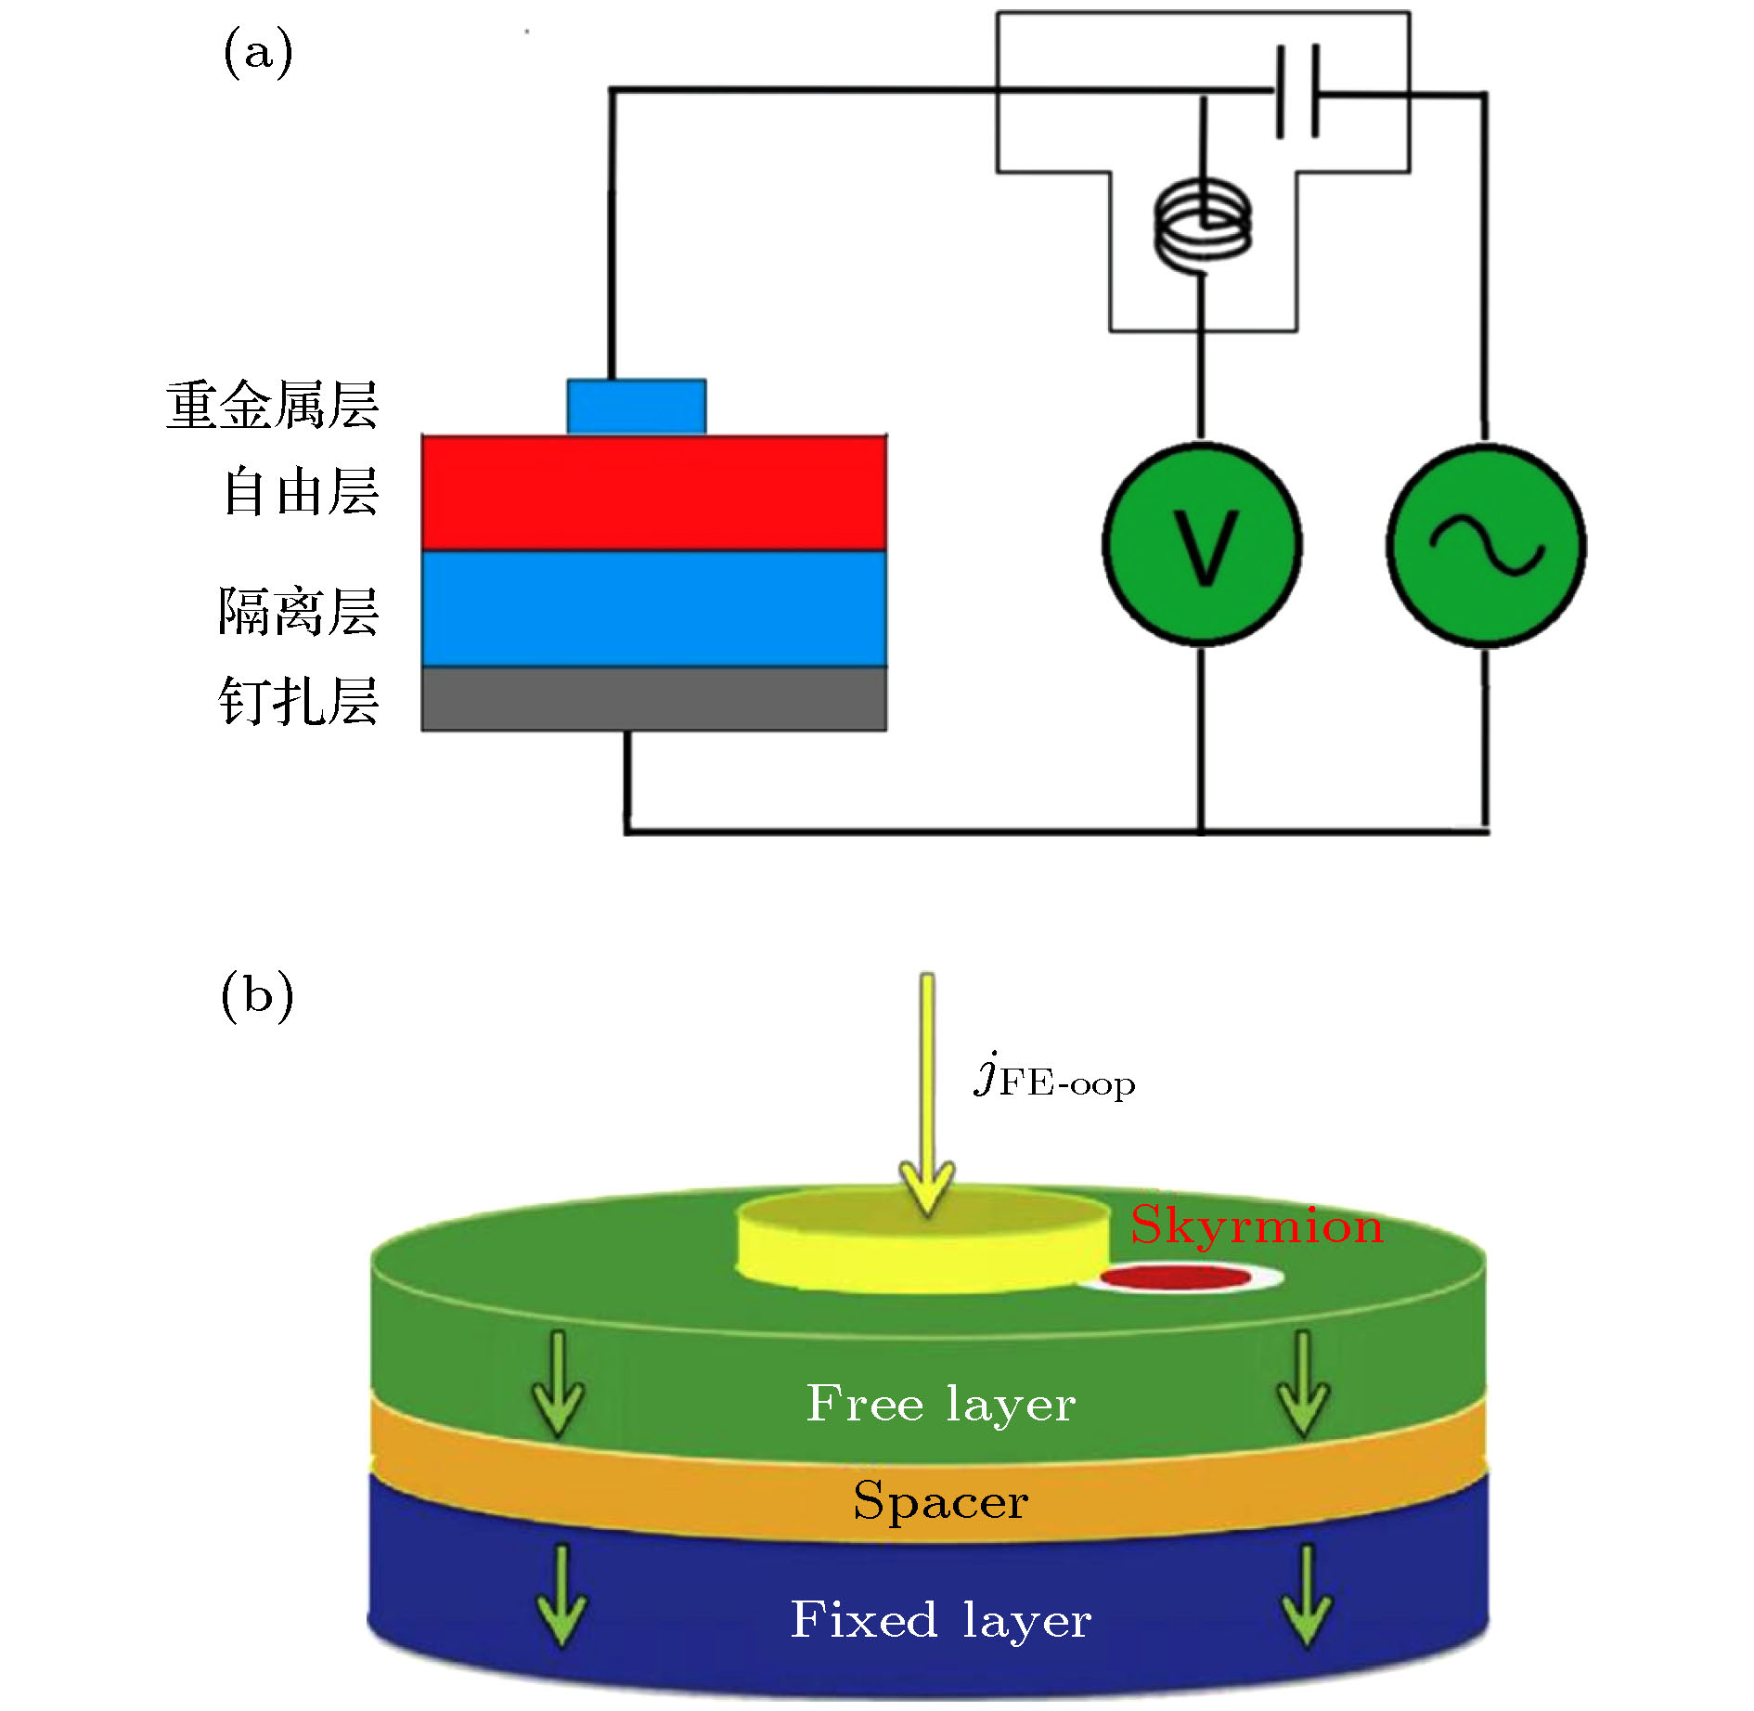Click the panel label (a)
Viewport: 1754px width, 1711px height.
(258, 53)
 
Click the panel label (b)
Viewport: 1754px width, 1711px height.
(257, 997)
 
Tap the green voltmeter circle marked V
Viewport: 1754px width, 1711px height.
(1203, 545)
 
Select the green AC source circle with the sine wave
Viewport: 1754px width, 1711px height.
(1486, 545)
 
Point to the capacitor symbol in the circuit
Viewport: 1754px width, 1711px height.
(1297, 91)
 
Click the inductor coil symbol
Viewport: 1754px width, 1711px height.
(1203, 226)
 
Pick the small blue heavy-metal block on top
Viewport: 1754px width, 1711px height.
(637, 407)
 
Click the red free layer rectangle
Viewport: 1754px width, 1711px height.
(653, 493)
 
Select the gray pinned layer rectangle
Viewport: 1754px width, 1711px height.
(653, 699)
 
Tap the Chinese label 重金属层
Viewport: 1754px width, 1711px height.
(273, 406)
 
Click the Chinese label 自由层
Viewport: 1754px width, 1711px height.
(301, 492)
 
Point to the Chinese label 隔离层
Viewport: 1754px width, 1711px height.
(299, 612)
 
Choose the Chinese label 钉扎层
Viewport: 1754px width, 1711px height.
(299, 701)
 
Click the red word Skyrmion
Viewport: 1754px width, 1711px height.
(1257, 1226)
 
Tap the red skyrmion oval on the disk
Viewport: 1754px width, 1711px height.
(1178, 1278)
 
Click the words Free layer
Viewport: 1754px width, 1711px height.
(941, 1404)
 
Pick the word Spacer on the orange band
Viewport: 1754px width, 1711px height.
(940, 1502)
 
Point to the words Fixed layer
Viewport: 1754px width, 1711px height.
(940, 1621)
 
